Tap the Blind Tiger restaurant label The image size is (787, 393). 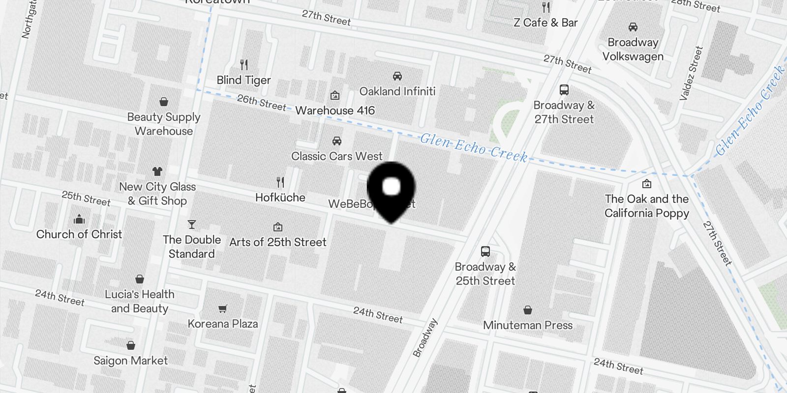click(x=244, y=80)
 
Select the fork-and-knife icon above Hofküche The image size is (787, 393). click(x=280, y=183)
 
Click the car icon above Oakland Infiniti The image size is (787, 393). click(x=397, y=76)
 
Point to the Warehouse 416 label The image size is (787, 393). click(x=335, y=111)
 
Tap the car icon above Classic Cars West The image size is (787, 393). click(x=337, y=141)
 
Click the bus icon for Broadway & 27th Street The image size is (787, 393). click(x=564, y=90)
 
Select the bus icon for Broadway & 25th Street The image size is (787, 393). click(x=485, y=252)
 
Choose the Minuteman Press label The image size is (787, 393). click(x=528, y=325)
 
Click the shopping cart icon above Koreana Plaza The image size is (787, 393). click(x=223, y=309)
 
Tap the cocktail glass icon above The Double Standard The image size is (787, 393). click(x=192, y=225)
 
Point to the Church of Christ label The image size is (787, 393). click(x=79, y=234)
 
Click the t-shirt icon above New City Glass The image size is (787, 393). click(x=157, y=171)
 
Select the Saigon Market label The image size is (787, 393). click(x=131, y=361)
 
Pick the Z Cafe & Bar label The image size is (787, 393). click(x=545, y=23)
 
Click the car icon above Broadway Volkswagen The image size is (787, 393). click(x=633, y=28)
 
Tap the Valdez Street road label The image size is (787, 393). click(x=691, y=74)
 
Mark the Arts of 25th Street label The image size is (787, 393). click(x=278, y=242)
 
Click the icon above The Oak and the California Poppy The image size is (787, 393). click(x=647, y=184)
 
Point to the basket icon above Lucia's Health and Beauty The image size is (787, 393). click(x=140, y=280)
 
